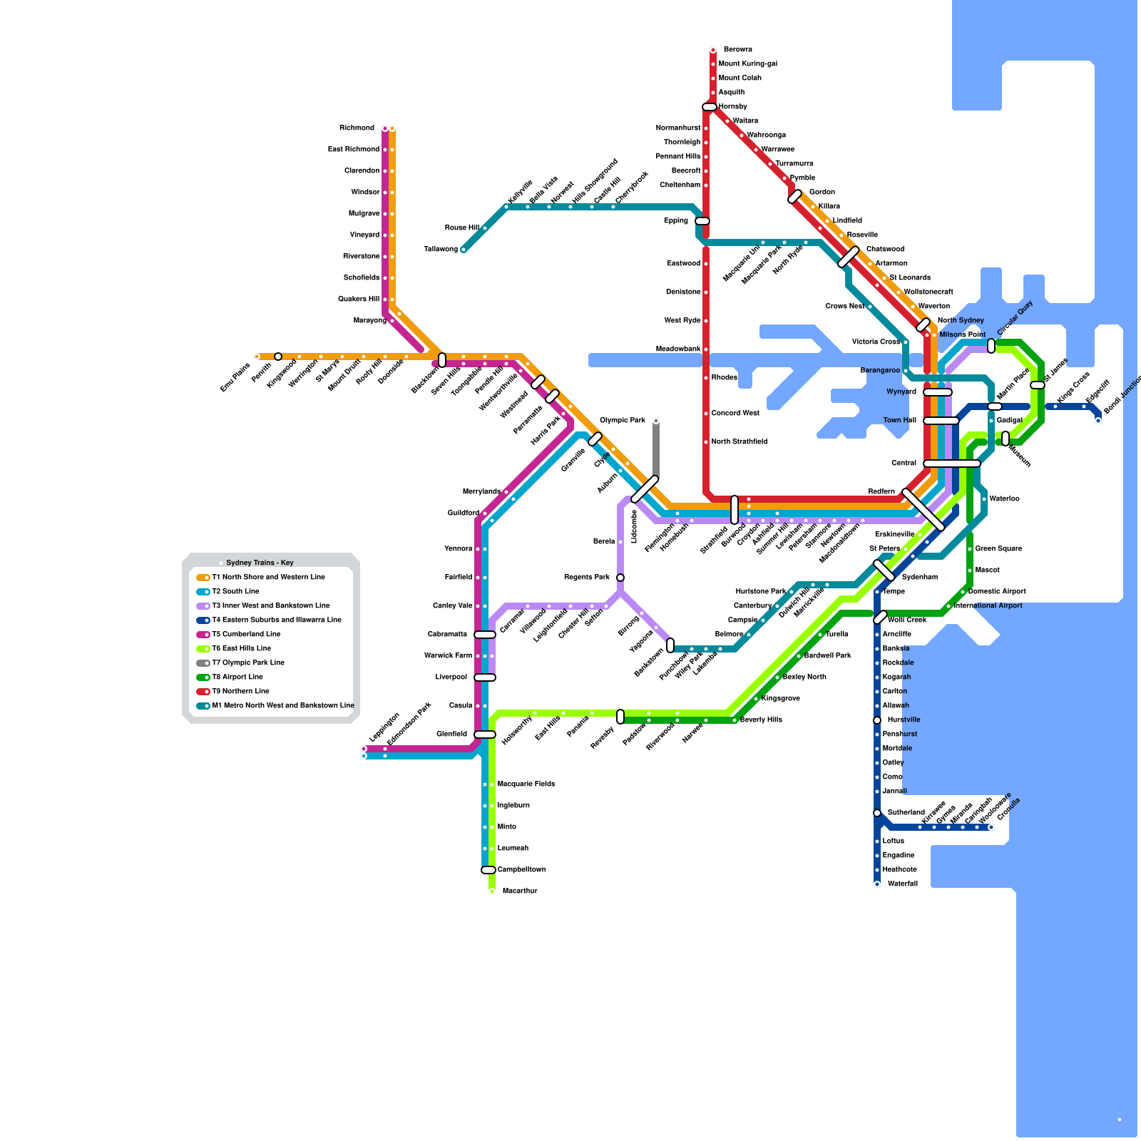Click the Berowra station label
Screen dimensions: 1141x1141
(737, 49)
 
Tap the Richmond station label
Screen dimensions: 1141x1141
(357, 128)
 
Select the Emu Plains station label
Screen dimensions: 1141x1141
(235, 377)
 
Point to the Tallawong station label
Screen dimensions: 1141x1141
(441, 249)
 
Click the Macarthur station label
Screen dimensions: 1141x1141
(520, 891)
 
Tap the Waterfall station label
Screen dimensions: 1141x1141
(903, 884)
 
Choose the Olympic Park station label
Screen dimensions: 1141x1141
(623, 420)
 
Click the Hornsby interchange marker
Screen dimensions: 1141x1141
(709, 107)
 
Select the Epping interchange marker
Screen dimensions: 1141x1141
(702, 221)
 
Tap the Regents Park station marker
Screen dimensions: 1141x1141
(620, 578)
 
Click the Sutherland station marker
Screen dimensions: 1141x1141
(877, 813)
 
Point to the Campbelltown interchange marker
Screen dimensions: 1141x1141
(488, 870)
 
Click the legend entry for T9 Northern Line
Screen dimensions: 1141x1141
(240, 691)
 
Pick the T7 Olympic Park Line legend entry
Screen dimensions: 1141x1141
(247, 662)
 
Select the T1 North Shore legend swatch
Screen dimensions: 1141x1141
(203, 577)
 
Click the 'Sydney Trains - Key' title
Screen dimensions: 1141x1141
(260, 563)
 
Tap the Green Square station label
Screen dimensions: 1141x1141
(998, 548)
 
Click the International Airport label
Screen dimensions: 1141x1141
(988, 605)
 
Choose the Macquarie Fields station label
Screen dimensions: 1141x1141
(526, 784)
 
